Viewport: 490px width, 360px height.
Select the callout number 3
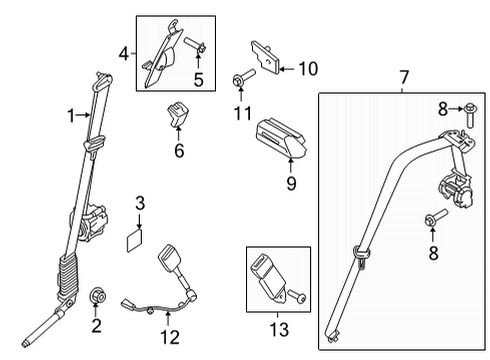click(x=140, y=204)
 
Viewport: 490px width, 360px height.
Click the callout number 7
click(x=403, y=75)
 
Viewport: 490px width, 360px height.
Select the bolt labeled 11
click(x=243, y=79)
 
